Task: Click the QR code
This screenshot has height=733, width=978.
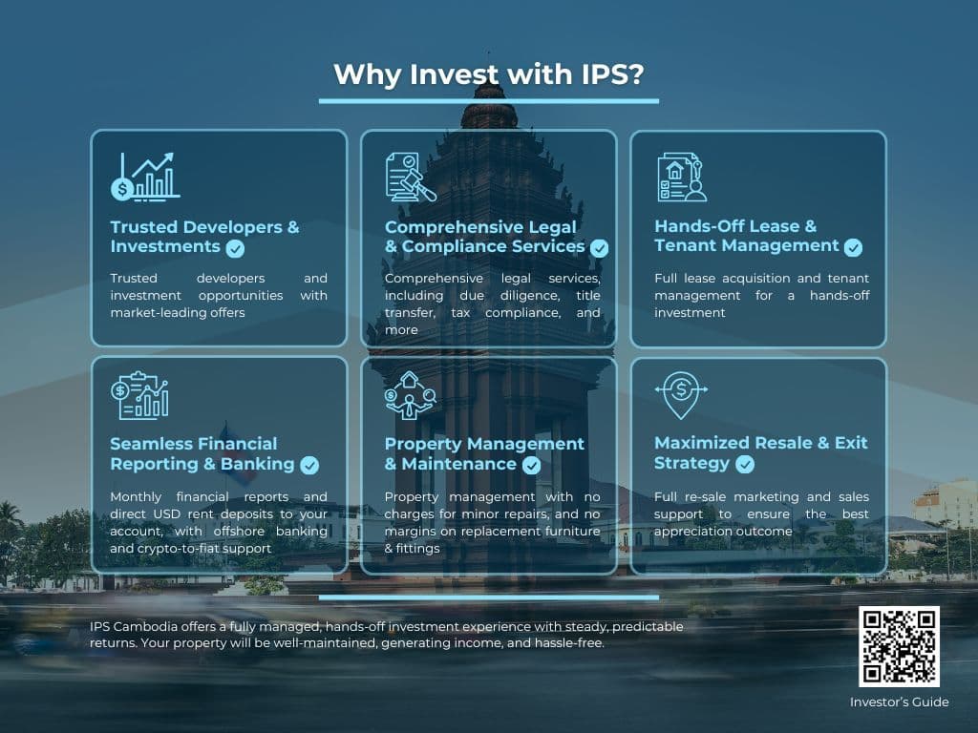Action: tap(899, 646)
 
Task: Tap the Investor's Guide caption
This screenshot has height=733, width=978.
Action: tap(899, 702)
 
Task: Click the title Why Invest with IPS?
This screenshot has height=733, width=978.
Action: tap(488, 74)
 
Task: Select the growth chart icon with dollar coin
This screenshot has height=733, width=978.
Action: tap(145, 177)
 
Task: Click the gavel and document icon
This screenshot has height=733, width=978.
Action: tap(411, 177)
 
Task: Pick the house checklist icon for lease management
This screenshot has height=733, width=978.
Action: tap(682, 177)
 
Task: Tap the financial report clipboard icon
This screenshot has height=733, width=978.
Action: tap(139, 395)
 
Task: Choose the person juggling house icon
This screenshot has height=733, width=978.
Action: tap(410, 395)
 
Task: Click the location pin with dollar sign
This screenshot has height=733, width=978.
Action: tap(681, 395)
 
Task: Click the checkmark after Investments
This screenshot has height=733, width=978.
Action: tap(235, 249)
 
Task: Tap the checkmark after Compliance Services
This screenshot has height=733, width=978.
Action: tap(600, 249)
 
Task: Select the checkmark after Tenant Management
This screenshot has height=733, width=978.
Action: tap(853, 247)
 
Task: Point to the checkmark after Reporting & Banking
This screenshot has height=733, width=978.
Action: tap(309, 465)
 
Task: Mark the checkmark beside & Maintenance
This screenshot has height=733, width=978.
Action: tap(531, 465)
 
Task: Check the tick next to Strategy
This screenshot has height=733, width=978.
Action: tap(745, 464)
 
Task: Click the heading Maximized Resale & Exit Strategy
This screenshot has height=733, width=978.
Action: tap(760, 453)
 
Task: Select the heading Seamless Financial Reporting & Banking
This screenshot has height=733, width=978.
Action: tap(202, 453)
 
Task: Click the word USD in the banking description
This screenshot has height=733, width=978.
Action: tap(167, 514)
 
